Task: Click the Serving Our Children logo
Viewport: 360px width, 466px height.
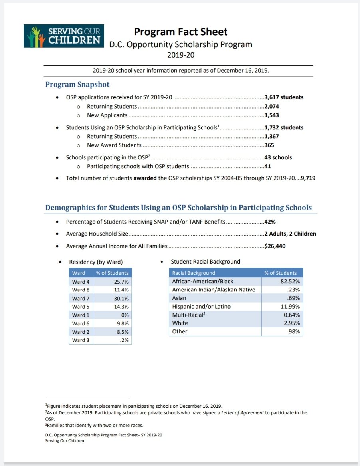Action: [64, 36]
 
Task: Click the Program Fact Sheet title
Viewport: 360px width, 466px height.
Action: [180, 32]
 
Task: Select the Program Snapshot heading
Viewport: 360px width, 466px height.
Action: [77, 85]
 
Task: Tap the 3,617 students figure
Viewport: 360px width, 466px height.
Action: [284, 97]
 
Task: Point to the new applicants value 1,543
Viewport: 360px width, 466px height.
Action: [271, 115]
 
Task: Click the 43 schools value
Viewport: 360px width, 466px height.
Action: [278, 157]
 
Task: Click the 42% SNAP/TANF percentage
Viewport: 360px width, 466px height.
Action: [270, 222]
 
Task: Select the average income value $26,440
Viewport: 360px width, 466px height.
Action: [275, 246]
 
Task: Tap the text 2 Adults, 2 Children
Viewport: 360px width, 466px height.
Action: [290, 234]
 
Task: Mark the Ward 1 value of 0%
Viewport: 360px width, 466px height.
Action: [125, 315]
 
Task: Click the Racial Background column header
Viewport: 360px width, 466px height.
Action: [194, 273]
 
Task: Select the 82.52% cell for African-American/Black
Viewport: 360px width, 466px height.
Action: [290, 281]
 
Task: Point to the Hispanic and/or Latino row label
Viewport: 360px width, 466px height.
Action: [201, 307]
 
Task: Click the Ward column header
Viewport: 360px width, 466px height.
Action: [79, 273]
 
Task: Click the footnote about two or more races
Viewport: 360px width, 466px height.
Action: [94, 426]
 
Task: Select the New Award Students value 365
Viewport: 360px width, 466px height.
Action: [269, 145]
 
